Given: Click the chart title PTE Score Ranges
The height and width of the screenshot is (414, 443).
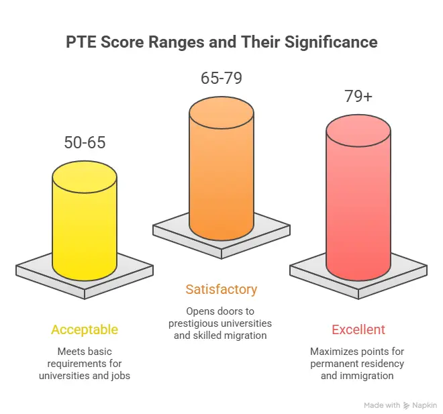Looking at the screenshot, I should click(x=222, y=42).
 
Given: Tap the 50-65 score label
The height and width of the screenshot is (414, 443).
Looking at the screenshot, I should click(x=85, y=142).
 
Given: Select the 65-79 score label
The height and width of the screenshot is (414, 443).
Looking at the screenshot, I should click(x=222, y=78).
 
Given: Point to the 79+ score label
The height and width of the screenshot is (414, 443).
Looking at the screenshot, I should click(x=358, y=97).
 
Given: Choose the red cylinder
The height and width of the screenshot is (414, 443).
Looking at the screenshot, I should click(x=358, y=208).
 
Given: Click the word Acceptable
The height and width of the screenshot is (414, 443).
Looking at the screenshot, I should click(x=85, y=329).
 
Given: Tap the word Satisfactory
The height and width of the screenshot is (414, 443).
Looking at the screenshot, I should click(x=222, y=290).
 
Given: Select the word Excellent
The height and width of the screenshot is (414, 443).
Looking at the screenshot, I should click(x=358, y=329).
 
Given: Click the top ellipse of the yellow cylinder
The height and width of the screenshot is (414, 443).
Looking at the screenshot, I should click(x=85, y=176).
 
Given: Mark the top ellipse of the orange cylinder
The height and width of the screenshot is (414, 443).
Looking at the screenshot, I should click(x=222, y=111).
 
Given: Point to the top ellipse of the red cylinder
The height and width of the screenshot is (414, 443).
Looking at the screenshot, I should click(x=358, y=130).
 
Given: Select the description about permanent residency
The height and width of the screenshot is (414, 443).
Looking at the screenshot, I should click(x=358, y=363).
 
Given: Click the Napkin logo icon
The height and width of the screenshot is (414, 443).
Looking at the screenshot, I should click(x=406, y=405).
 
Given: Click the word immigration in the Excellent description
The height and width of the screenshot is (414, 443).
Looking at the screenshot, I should click(x=371, y=376).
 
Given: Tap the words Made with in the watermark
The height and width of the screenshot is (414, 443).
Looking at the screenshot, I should click(x=382, y=405).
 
